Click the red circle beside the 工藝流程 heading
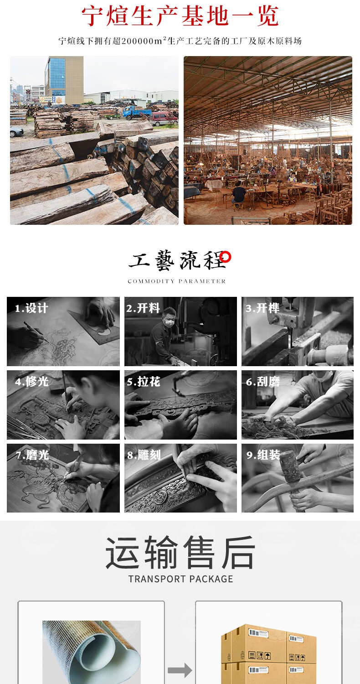pyautogui.click(x=226, y=257)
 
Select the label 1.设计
pyautogui.click(x=31, y=308)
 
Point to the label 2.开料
pyautogui.click(x=143, y=308)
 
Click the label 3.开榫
pyautogui.click(x=262, y=308)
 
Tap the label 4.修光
pyautogui.click(x=32, y=381)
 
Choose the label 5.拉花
pyautogui.click(x=144, y=381)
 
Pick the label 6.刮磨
pyautogui.click(x=262, y=381)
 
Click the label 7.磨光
pyautogui.click(x=32, y=455)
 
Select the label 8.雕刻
pyautogui.click(x=144, y=455)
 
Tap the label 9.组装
pyautogui.click(x=263, y=455)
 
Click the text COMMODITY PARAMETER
pyautogui.click(x=177, y=281)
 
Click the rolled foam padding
pyautogui.click(x=92, y=652)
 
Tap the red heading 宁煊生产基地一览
pyautogui.click(x=180, y=16)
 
